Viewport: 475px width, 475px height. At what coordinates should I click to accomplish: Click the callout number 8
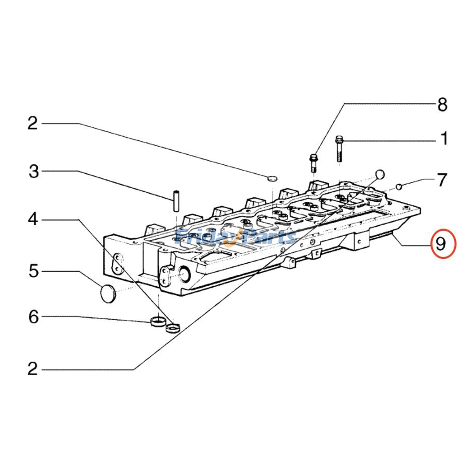click(442, 105)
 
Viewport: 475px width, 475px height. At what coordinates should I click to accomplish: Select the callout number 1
click(444, 139)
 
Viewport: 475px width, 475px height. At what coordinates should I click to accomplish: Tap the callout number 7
click(442, 180)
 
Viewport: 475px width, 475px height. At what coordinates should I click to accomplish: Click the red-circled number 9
click(441, 244)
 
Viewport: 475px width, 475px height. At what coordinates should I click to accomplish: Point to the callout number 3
click(34, 172)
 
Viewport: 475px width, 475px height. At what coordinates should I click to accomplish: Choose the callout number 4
click(33, 220)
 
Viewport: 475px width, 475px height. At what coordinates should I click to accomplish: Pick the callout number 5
click(34, 271)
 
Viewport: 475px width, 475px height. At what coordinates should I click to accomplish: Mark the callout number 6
click(34, 317)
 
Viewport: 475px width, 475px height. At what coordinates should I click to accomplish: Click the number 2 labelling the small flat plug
click(33, 123)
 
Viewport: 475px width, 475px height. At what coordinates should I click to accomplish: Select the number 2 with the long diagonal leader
click(33, 369)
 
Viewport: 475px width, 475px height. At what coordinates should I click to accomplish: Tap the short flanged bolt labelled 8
click(313, 162)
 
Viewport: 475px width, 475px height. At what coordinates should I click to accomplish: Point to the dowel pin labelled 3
click(176, 201)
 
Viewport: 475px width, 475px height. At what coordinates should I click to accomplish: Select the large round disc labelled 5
click(107, 293)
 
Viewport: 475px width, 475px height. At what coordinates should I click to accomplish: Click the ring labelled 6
click(157, 321)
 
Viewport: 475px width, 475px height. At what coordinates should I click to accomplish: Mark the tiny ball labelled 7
click(399, 186)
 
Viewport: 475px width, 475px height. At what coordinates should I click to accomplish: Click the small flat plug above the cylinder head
click(272, 178)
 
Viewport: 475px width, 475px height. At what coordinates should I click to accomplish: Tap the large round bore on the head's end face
click(186, 273)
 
